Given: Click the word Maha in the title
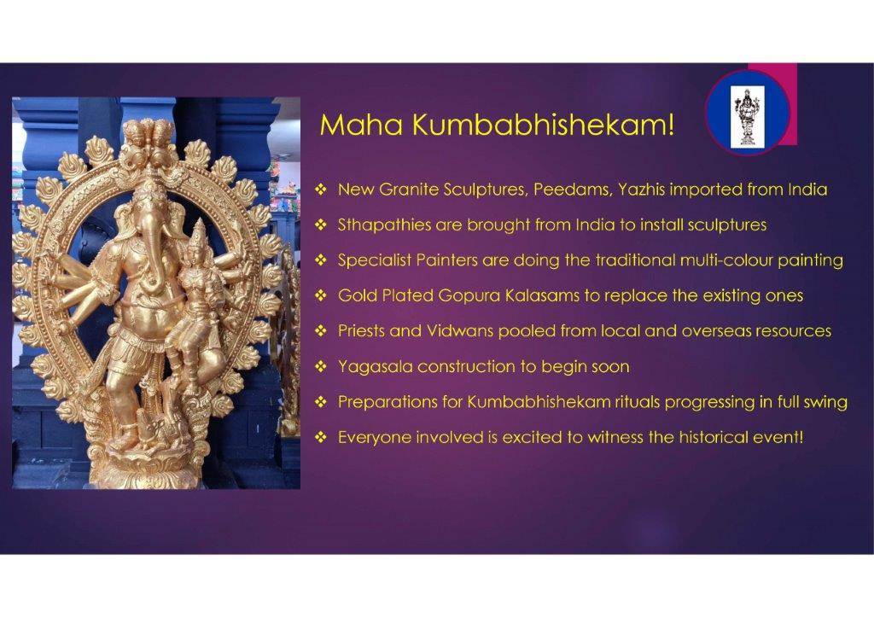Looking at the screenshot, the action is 361,125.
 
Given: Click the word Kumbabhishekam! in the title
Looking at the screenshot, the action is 544,125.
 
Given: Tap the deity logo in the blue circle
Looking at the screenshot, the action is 747,118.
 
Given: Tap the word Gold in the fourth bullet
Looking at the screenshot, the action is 358,295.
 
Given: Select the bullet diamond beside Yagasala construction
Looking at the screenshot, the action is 321,367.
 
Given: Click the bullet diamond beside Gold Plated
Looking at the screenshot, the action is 321,295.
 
